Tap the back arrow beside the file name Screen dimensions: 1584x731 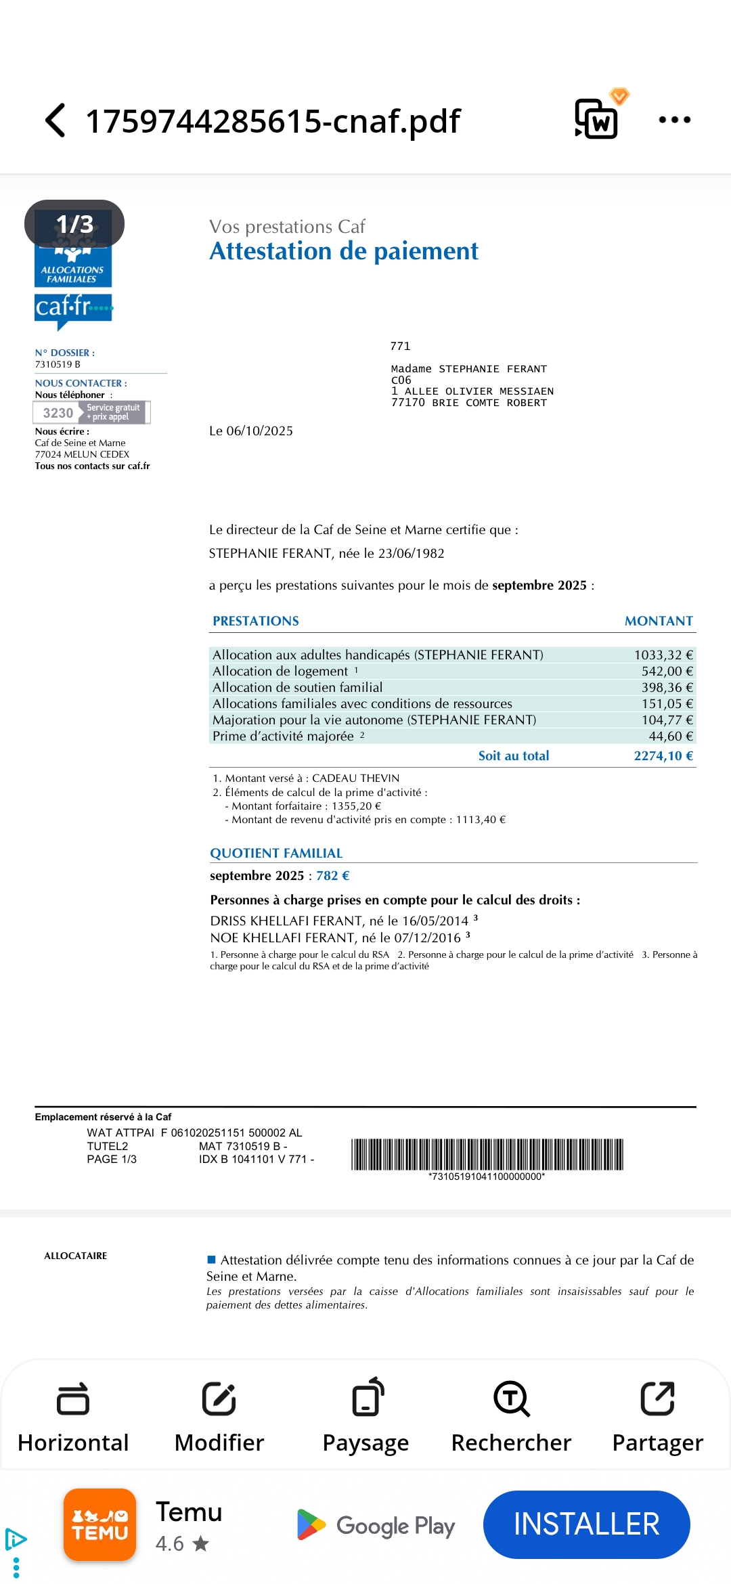56,120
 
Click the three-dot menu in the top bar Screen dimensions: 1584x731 674,120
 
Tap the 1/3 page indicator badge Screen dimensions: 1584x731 74,224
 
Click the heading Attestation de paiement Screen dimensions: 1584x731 343,251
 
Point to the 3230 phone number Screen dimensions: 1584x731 58,413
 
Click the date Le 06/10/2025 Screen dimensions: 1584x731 251,431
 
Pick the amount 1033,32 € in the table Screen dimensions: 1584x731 663,655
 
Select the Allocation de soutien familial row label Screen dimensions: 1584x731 297,687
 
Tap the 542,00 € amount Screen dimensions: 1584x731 667,671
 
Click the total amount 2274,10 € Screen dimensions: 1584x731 663,756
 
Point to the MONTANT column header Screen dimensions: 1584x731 658,621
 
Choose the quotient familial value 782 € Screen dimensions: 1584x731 332,875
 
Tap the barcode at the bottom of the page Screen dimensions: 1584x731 487,1155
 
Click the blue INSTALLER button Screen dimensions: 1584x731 586,1524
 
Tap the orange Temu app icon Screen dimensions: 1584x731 100,1524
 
